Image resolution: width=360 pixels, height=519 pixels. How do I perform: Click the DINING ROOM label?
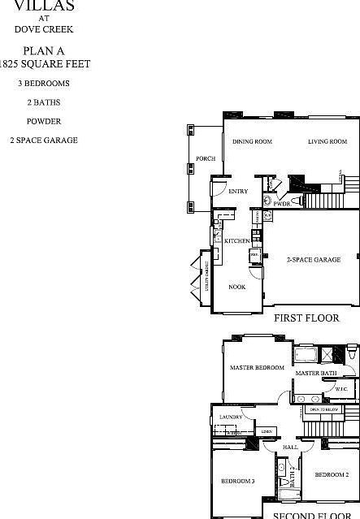(252, 142)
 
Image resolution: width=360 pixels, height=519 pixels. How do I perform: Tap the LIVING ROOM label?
(327, 142)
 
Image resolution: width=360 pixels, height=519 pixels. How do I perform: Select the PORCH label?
(206, 159)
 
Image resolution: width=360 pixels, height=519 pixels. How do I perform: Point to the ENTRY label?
(238, 192)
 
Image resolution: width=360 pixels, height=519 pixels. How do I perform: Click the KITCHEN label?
(236, 241)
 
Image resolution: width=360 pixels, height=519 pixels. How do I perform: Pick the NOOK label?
(236, 287)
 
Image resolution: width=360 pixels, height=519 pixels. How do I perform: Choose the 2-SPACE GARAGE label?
(313, 260)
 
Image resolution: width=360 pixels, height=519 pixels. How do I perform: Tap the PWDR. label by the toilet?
(282, 205)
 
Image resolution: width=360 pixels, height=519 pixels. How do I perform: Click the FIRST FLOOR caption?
(306, 318)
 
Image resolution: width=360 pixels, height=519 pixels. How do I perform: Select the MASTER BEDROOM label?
(257, 368)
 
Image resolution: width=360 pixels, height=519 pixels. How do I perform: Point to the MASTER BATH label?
(315, 373)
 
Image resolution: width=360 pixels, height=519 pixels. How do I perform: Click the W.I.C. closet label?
(341, 389)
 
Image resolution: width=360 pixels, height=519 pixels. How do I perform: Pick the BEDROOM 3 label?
(238, 482)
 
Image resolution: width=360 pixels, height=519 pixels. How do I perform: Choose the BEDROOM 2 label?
(332, 474)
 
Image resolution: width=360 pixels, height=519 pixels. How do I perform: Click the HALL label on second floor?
(291, 448)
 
